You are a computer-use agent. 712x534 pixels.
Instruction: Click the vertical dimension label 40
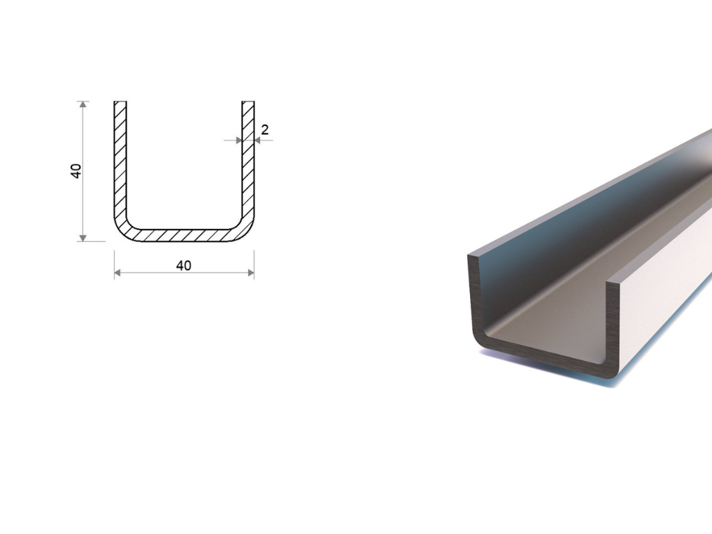[x=76, y=171]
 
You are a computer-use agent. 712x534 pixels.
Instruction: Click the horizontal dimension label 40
[x=184, y=266]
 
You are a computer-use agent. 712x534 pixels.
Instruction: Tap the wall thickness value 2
[x=265, y=130]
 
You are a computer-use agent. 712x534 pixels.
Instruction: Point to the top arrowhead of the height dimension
[x=83, y=104]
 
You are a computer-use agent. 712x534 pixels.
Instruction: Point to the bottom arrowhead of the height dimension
[x=83, y=238]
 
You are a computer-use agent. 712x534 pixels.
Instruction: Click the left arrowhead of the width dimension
[x=117, y=273]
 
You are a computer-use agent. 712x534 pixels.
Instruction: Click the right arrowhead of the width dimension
[x=250, y=273]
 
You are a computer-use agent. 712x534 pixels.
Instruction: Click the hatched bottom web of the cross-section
[x=184, y=235]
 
